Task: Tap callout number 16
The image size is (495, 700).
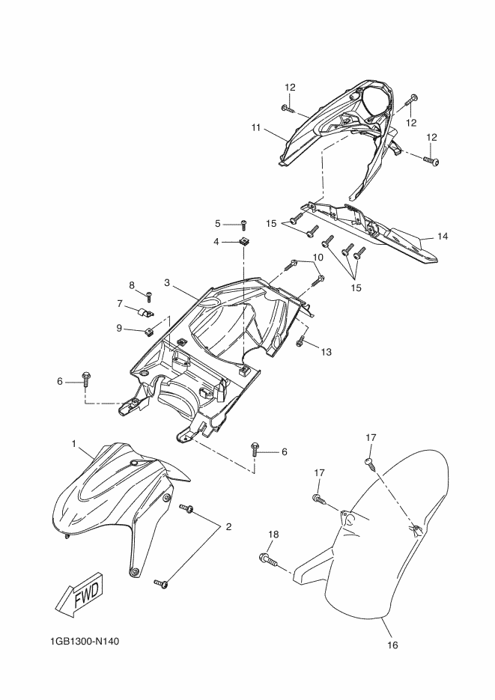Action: point(392,645)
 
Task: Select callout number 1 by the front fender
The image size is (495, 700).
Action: point(74,444)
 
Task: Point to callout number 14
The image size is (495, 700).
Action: point(443,236)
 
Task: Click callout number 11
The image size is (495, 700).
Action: point(256,128)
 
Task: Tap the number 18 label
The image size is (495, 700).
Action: point(273,534)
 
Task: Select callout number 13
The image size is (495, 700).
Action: point(325,351)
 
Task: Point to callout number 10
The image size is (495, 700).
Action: point(318,257)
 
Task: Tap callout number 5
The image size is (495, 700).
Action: point(218,223)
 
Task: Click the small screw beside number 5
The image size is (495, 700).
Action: point(243,223)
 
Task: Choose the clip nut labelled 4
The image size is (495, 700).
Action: point(244,242)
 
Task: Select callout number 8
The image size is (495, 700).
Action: point(132,285)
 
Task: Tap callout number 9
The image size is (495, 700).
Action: point(119,327)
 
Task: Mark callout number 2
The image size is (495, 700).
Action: point(228,526)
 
